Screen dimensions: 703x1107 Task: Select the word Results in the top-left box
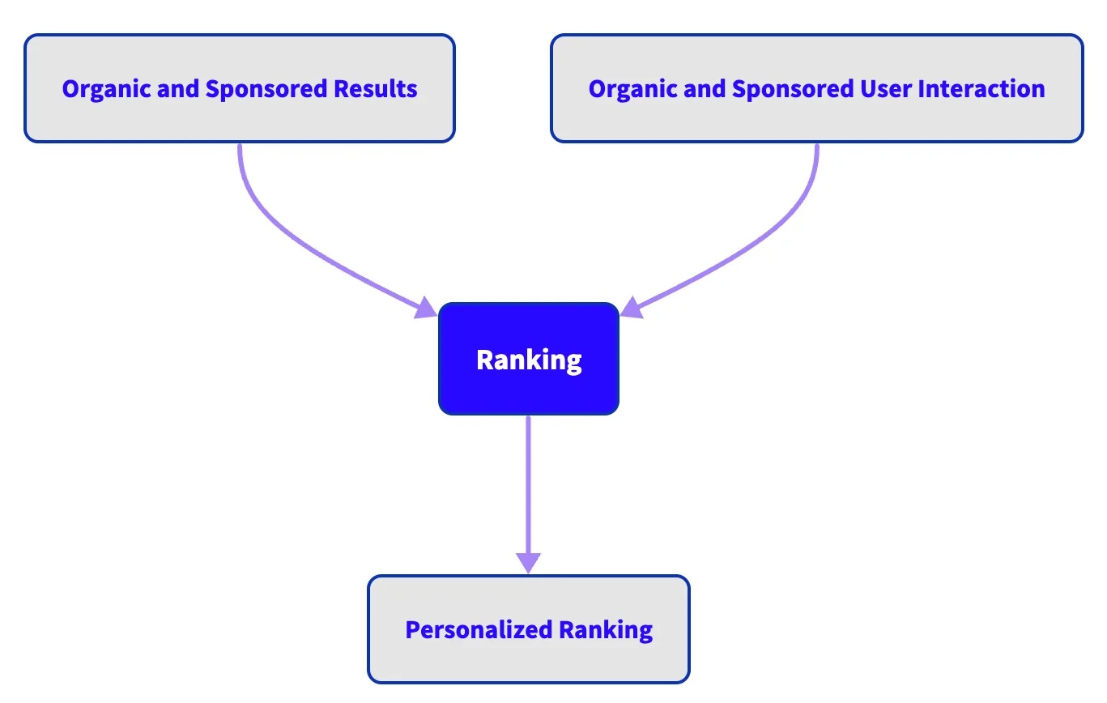coord(379,88)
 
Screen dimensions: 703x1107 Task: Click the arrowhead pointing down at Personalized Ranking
coord(528,562)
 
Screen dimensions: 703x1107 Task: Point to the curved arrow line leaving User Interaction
coord(784,219)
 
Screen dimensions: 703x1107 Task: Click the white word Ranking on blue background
coord(529,360)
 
